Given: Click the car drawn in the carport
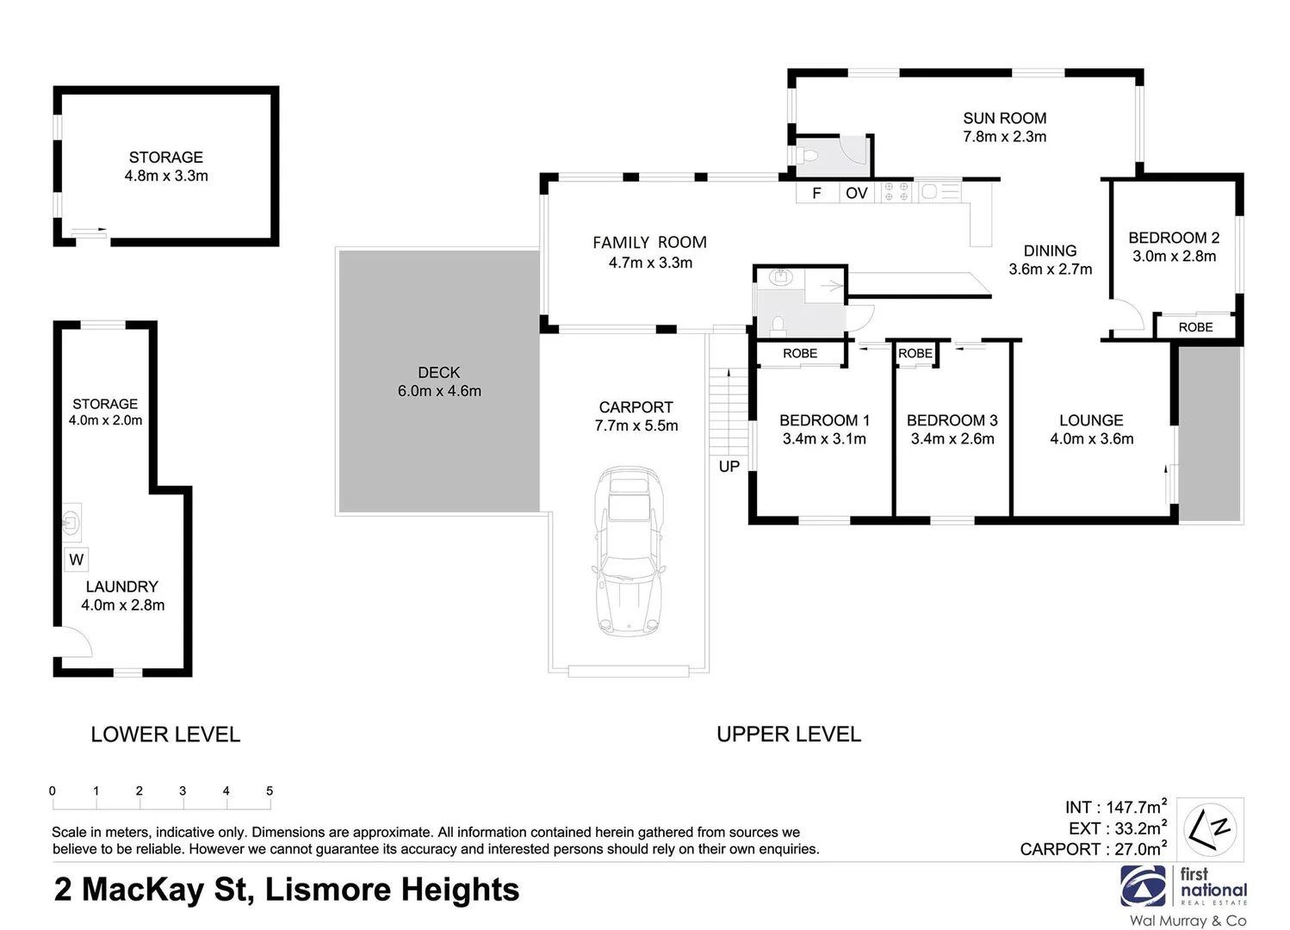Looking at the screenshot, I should (628, 551).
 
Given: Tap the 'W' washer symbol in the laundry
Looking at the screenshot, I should (77, 560).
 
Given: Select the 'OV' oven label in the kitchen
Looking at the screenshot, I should (856, 193).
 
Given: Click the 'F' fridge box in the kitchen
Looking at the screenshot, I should (816, 193).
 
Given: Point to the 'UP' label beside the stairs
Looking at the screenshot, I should (729, 467).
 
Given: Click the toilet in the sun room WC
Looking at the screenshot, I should (807, 156).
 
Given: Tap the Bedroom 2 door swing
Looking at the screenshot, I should (1126, 316).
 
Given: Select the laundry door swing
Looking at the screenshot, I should (73, 642).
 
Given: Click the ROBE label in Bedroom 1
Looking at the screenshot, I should (800, 353).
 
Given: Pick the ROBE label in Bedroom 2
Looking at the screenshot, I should (1195, 327).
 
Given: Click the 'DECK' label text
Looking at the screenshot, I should (438, 372).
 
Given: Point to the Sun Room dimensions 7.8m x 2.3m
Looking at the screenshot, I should (1004, 137).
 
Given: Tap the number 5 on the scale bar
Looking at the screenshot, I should (270, 790).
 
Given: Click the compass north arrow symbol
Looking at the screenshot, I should (1210, 828).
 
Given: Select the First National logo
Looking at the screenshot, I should (1183, 887).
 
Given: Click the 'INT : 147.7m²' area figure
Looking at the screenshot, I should (1115, 807).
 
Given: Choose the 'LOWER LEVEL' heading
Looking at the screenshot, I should (165, 735).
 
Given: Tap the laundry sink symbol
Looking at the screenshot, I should (71, 520).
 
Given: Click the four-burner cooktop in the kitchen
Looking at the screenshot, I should (896, 191).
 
